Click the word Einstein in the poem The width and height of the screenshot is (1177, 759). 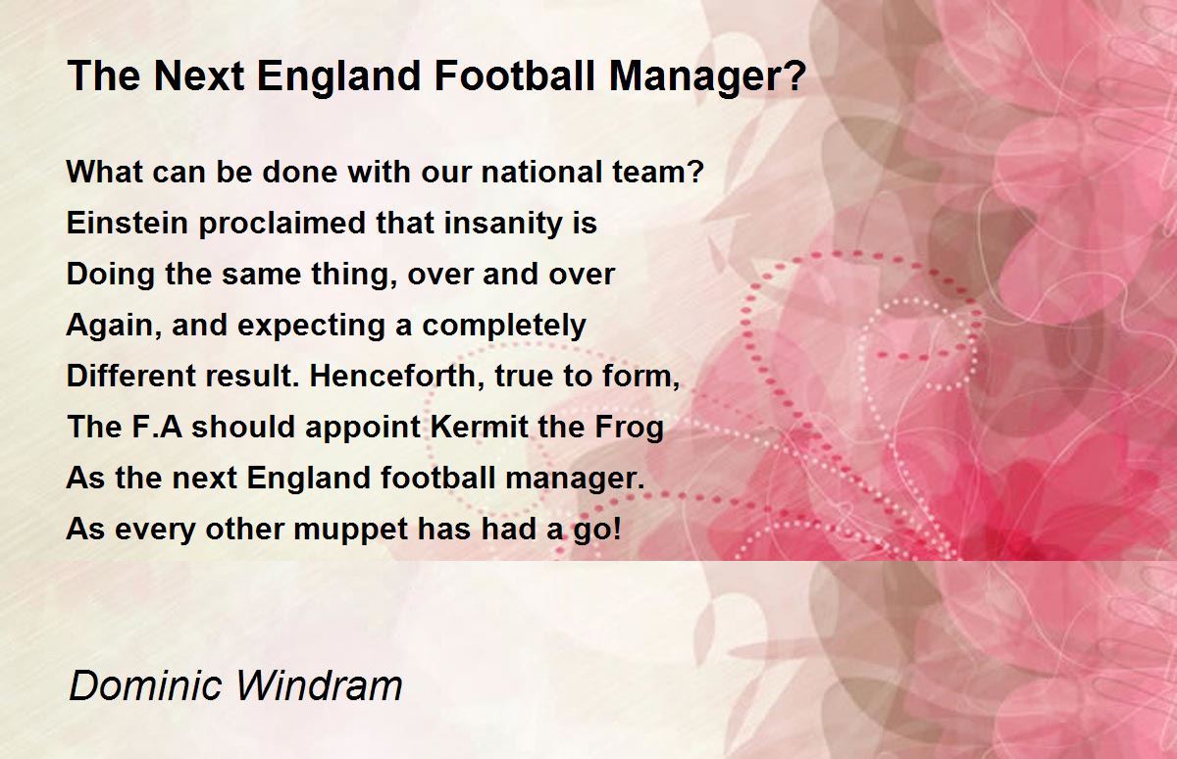click(x=128, y=223)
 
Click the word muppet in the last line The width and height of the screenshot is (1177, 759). click(x=350, y=531)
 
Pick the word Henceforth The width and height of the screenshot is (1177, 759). click(x=392, y=376)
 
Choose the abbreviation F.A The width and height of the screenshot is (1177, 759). click(x=157, y=427)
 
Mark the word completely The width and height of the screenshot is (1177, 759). click(x=504, y=327)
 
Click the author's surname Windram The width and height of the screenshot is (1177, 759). click(x=319, y=685)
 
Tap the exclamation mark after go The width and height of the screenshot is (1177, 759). click(x=616, y=529)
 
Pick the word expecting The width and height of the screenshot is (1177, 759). click(x=311, y=327)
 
